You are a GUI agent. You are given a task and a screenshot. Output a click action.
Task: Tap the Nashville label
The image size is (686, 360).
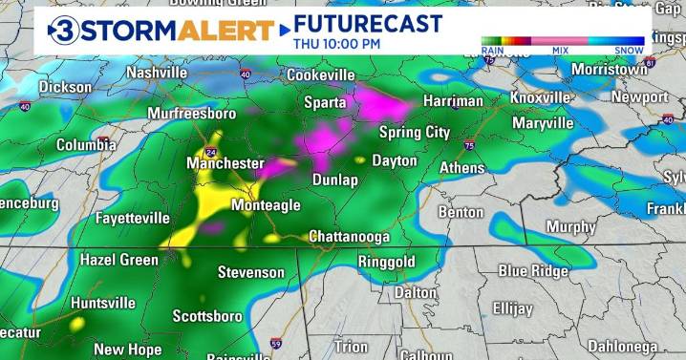[156, 73]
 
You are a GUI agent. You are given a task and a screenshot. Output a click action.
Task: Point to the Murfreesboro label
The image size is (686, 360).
[191, 114]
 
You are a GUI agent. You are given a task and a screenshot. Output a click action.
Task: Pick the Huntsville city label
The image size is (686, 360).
[103, 303]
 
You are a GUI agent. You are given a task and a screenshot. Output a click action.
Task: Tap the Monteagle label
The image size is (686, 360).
[266, 205]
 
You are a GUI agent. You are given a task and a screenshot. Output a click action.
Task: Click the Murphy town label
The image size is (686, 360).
[570, 226]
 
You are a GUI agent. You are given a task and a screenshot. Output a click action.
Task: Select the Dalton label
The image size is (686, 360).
[416, 292]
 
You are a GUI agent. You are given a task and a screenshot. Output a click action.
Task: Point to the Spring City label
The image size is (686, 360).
[415, 132]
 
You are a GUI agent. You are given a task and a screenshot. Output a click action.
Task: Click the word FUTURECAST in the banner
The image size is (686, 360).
[368, 23]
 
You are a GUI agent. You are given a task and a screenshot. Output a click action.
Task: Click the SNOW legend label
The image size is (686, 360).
[629, 50]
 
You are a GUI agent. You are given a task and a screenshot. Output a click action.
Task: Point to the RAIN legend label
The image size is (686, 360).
[494, 50]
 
